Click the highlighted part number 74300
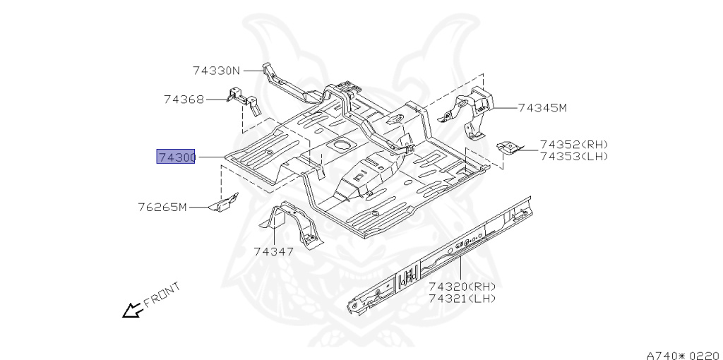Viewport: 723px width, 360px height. click(x=176, y=157)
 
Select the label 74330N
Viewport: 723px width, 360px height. click(x=216, y=71)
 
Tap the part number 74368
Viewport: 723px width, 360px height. click(x=184, y=100)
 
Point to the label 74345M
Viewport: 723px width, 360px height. click(x=542, y=108)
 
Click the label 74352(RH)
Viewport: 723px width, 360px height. click(x=574, y=145)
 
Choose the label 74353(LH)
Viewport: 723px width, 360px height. click(x=574, y=156)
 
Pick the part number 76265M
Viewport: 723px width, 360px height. click(x=162, y=208)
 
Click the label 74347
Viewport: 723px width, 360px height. click(x=274, y=251)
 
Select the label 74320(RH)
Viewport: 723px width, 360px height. click(x=462, y=287)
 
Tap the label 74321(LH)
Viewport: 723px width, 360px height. click(x=462, y=299)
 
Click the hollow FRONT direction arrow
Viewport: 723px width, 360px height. click(x=131, y=310)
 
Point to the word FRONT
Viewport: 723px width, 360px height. click(x=162, y=294)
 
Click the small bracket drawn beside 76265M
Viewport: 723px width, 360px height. click(x=222, y=205)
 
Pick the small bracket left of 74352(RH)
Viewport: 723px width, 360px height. click(x=509, y=148)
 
